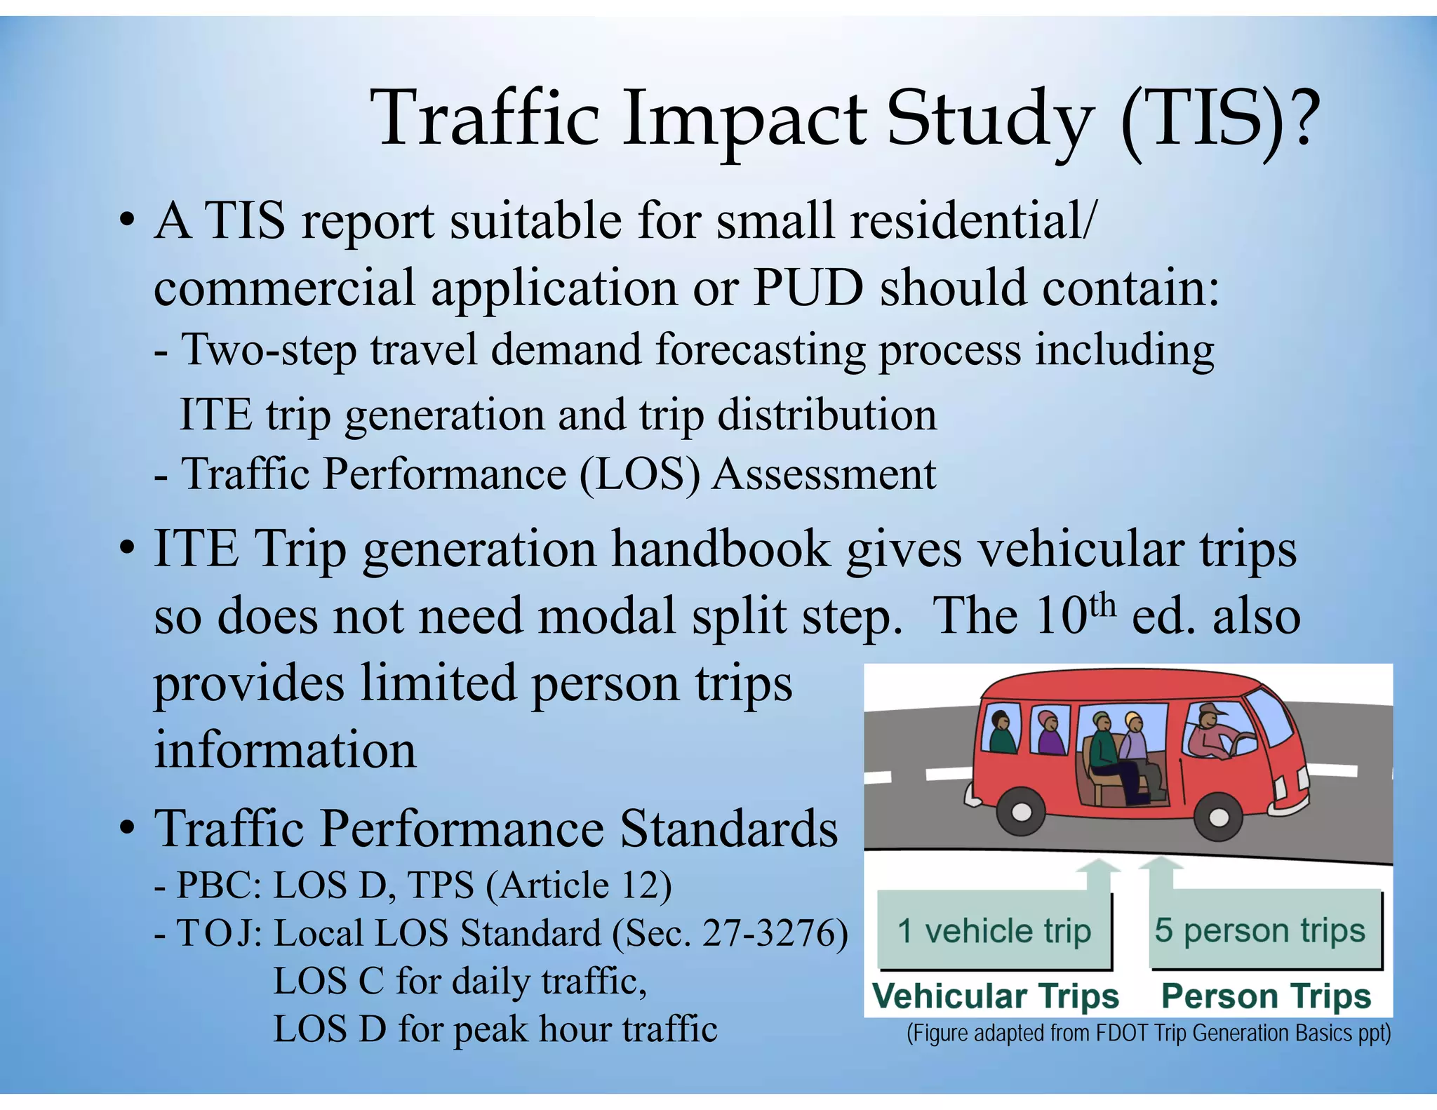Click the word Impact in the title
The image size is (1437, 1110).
[744, 119]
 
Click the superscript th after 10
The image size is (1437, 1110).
[1101, 604]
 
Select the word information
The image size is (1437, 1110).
[285, 749]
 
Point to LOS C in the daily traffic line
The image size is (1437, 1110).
[328, 981]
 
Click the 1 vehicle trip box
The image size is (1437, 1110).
[994, 931]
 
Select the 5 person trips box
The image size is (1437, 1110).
[1260, 930]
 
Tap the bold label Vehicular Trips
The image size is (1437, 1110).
[995, 996]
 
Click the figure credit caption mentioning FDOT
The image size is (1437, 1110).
[1148, 1034]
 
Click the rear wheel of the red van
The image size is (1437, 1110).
[1022, 813]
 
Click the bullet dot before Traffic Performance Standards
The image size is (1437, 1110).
[126, 829]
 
